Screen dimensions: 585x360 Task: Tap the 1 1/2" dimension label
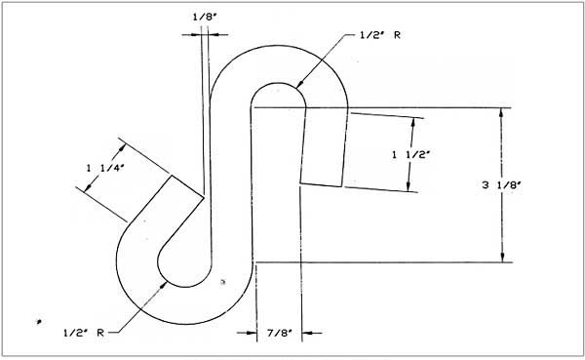point(405,154)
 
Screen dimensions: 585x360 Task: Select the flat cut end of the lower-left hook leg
point(188,187)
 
